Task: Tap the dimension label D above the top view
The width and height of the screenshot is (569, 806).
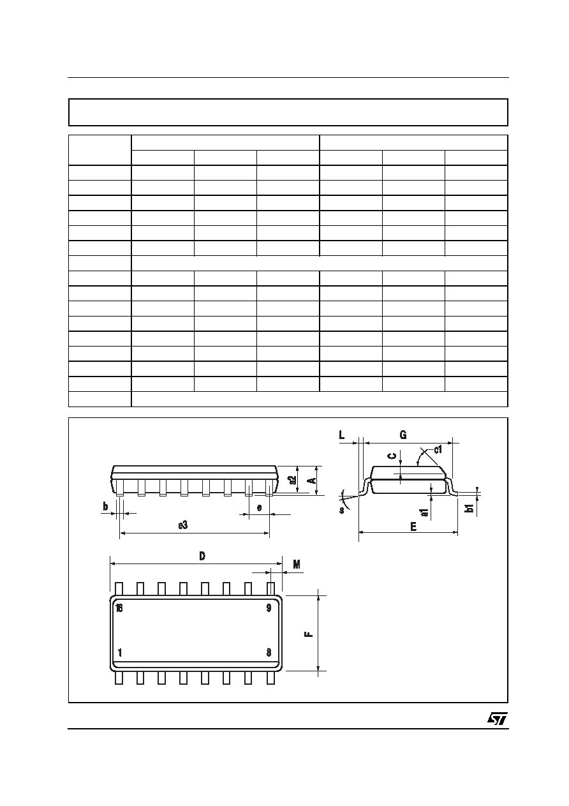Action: (202, 556)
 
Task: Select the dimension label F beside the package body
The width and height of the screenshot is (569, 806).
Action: (309, 633)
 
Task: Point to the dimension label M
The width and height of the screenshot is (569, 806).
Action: (297, 565)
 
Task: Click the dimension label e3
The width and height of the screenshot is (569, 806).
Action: (183, 525)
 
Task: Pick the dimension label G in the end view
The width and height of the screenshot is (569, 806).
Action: (403, 435)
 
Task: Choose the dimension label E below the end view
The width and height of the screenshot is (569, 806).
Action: (413, 526)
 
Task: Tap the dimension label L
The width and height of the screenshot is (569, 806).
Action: (342, 435)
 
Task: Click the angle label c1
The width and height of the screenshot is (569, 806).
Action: (438, 449)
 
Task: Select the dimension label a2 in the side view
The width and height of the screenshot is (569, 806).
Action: (293, 480)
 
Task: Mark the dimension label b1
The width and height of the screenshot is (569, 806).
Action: (469, 508)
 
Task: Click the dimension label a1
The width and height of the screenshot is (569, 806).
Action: (425, 512)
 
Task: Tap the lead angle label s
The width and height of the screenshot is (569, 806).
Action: (342, 510)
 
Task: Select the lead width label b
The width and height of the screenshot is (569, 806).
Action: (105, 507)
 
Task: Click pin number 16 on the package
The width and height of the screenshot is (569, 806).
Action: (119, 608)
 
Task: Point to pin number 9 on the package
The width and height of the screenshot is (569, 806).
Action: (269, 608)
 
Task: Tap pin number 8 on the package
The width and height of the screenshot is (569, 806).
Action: (269, 653)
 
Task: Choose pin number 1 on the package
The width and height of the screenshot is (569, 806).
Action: (120, 653)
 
